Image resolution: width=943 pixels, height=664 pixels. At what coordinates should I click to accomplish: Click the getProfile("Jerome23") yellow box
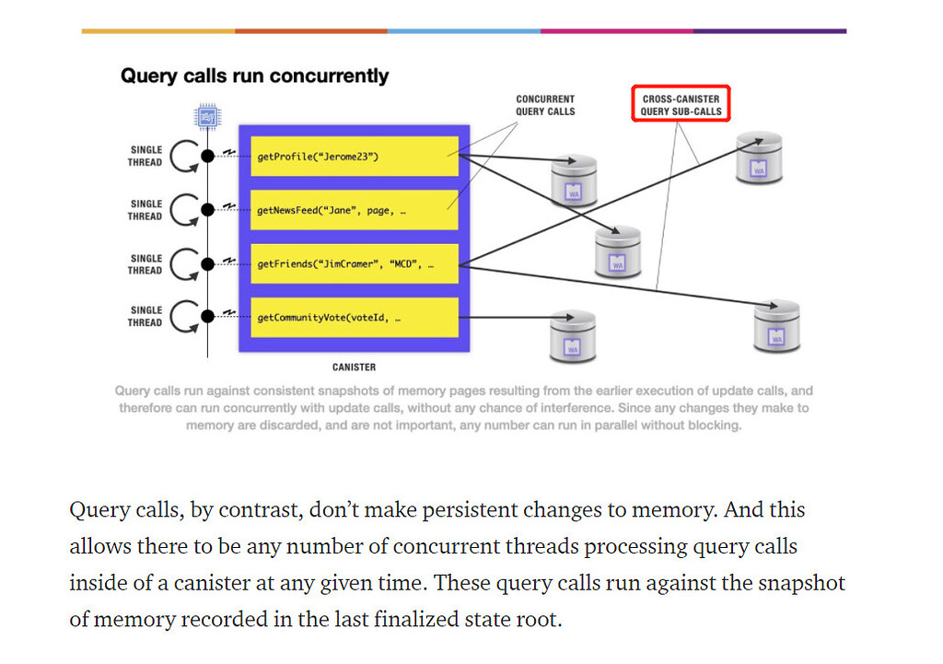tap(355, 157)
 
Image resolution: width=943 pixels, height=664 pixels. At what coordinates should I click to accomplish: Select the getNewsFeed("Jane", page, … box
tap(355, 210)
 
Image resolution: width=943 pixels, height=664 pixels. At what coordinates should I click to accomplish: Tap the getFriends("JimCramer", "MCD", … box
tap(355, 264)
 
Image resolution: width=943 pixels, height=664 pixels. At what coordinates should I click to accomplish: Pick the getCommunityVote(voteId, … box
tap(355, 318)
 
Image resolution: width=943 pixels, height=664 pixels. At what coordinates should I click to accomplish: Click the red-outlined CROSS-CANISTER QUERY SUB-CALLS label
tap(681, 105)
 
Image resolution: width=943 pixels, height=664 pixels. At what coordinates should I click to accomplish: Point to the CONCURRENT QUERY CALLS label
tap(545, 105)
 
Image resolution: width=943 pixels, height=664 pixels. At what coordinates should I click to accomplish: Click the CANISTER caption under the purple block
tap(354, 367)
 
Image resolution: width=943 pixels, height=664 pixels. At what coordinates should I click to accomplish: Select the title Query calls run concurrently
tap(254, 76)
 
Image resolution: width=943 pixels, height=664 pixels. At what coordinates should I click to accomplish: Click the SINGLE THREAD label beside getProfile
tap(146, 157)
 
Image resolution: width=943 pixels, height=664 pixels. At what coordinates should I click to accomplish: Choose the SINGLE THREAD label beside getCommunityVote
tap(146, 317)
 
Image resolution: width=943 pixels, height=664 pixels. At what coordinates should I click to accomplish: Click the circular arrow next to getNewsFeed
tap(185, 210)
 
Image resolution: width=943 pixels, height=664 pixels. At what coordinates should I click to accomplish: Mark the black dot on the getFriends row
tap(208, 264)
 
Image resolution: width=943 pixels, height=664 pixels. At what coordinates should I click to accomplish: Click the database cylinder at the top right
tap(760, 157)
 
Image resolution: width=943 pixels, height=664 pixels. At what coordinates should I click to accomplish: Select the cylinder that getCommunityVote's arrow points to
tap(574, 337)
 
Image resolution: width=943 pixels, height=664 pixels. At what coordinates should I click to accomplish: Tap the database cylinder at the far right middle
tap(776, 325)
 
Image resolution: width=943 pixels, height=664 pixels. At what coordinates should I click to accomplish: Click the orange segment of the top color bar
tap(311, 30)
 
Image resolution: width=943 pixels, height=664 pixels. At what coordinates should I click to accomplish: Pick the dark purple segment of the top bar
tap(769, 30)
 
